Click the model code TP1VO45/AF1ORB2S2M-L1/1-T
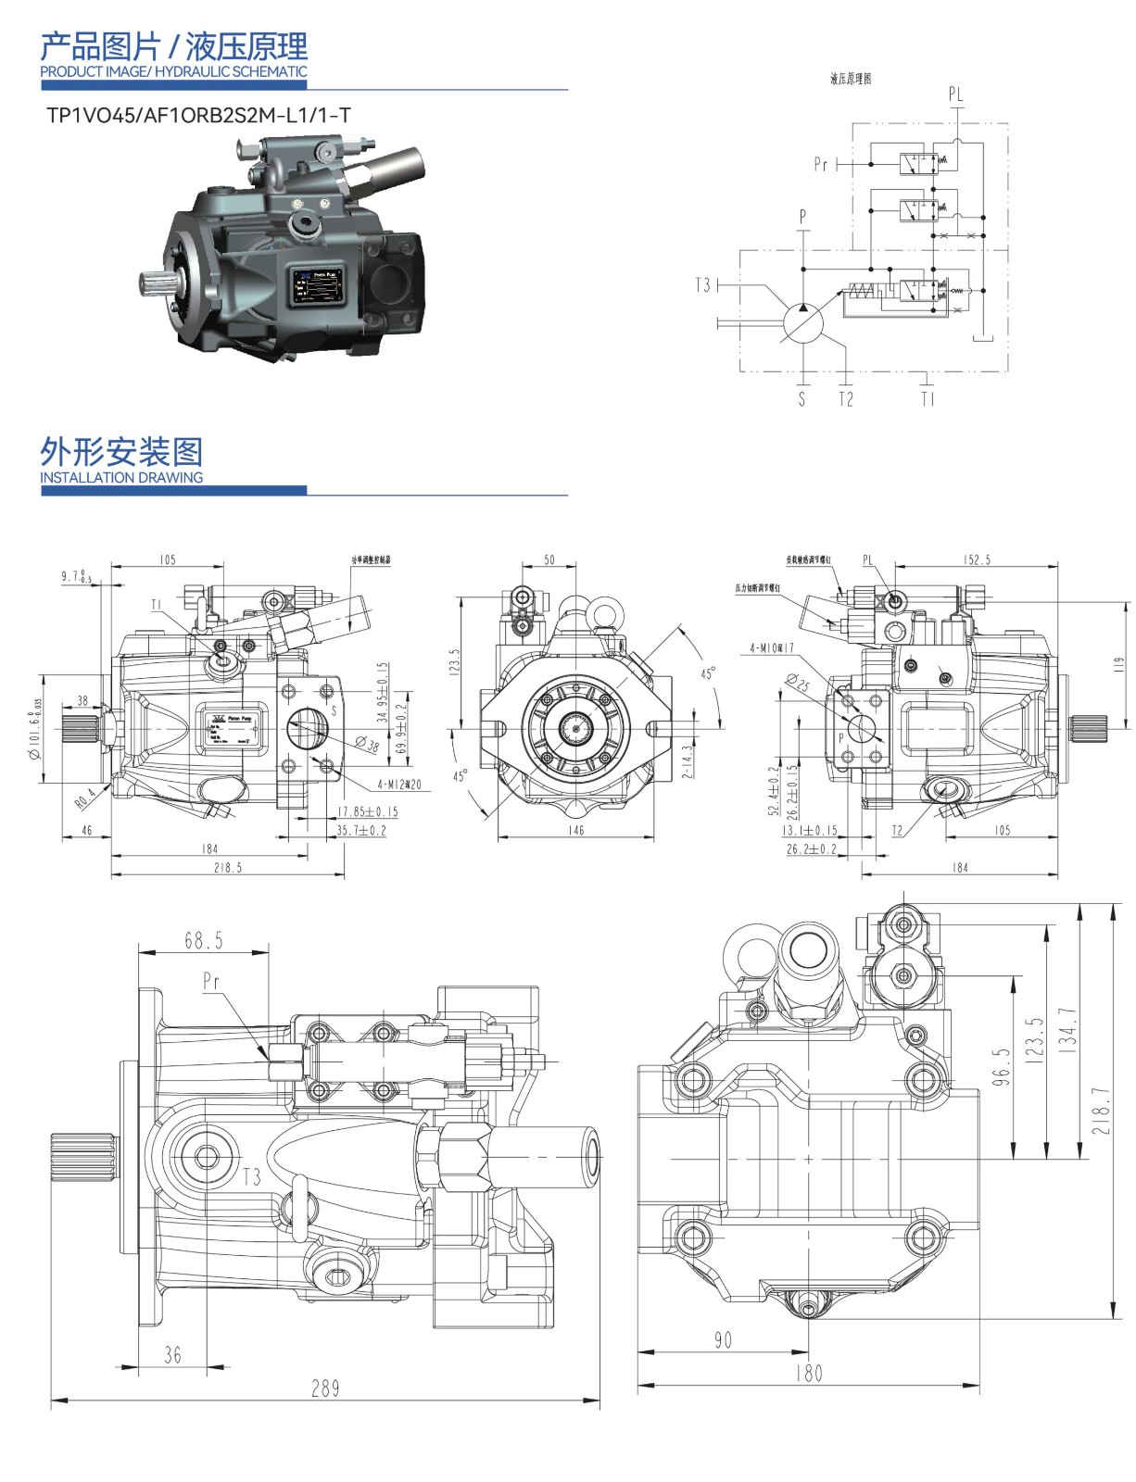click(198, 116)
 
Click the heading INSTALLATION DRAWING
click(121, 478)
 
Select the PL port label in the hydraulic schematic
click(955, 94)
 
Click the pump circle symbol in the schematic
click(803, 321)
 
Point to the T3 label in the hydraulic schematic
click(704, 284)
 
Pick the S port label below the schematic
click(802, 399)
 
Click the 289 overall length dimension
click(325, 1388)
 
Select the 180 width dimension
click(808, 1373)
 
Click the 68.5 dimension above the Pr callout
click(204, 941)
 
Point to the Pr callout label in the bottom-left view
click(212, 981)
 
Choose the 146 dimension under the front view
click(575, 831)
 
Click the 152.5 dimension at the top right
click(976, 559)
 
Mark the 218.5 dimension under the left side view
click(227, 868)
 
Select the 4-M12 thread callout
click(399, 785)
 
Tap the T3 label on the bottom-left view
click(251, 1177)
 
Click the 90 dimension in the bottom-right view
click(723, 1339)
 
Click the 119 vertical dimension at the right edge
click(1118, 664)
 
